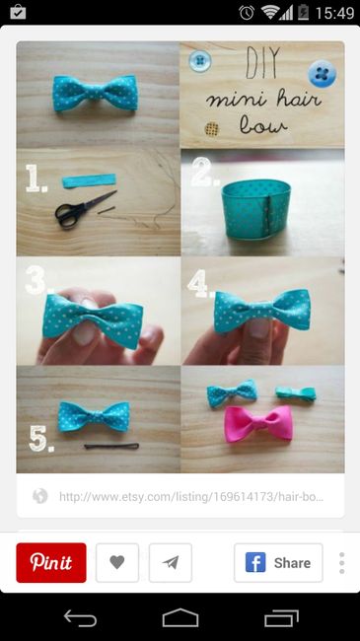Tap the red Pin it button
tap(51, 562)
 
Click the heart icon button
tap(117, 562)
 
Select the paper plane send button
tap(171, 562)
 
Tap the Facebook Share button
tap(278, 562)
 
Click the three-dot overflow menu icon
tap(341, 563)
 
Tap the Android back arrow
tap(80, 617)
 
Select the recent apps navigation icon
tap(281, 617)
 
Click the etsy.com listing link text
tap(191, 497)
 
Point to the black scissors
tap(84, 210)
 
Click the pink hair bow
tap(258, 423)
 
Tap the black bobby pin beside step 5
tap(111, 446)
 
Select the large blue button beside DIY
tap(323, 74)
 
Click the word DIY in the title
tap(263, 62)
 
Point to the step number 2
tap(204, 172)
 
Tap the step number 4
tap(199, 283)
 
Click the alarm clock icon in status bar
tap(247, 12)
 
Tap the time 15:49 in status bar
tap(334, 13)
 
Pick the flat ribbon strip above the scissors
tap(89, 180)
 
